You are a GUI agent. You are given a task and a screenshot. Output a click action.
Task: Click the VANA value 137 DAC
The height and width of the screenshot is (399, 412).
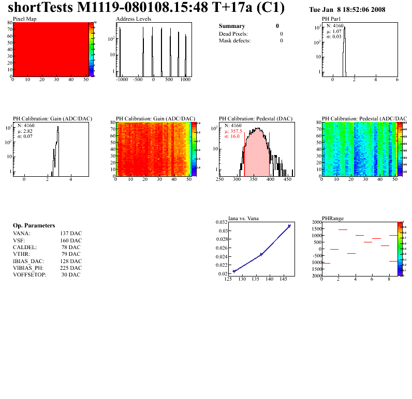point(71,233)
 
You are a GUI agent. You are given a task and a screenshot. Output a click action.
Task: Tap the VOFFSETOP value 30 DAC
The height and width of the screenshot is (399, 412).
point(71,274)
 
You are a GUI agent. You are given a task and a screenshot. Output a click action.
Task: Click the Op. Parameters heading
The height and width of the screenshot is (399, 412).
point(34,226)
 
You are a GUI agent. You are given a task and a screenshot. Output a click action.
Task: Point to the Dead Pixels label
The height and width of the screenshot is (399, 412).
point(233,34)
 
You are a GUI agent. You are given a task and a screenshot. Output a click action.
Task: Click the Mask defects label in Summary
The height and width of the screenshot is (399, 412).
point(234,40)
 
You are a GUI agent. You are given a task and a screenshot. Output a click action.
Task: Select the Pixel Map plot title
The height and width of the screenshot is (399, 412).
point(24,19)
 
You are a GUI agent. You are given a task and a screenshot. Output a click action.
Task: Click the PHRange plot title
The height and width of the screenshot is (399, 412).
point(333,219)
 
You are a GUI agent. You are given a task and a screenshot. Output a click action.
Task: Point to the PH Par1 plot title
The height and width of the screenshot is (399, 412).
point(331,19)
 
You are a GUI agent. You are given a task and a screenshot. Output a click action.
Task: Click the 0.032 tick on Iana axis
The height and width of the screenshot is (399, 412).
point(222,222)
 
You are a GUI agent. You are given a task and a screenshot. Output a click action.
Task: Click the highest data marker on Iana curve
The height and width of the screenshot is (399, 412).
point(289,226)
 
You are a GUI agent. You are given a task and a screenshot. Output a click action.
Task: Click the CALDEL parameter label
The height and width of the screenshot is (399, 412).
point(23,247)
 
